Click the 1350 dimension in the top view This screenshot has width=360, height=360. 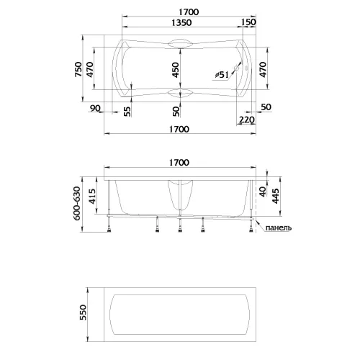click(x=179, y=22)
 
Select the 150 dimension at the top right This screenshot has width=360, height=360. click(x=249, y=22)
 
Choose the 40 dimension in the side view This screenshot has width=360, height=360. click(x=264, y=189)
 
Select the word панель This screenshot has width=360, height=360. click(x=278, y=228)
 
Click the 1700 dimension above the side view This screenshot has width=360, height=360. click(x=179, y=163)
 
